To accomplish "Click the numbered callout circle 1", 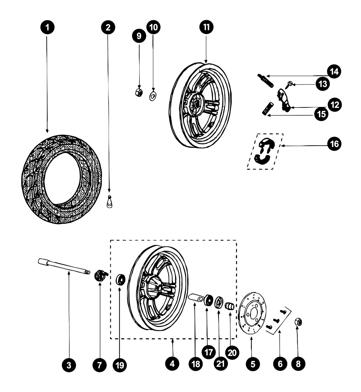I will pos(47,27).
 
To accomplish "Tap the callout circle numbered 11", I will pos(206,27).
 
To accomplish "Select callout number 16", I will pos(335,144).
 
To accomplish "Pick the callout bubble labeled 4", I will pos(172,363).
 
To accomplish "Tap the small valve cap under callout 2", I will pos(110,202).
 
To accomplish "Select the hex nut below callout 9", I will pos(139,92).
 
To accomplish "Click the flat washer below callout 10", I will pos(153,96).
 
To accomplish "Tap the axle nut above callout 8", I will pos(298,322).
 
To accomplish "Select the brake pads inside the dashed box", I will pos(264,151).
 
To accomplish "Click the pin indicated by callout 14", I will pos(265,80).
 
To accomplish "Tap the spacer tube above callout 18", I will pos(196,298).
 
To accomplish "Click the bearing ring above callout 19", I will pos(120,279).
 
